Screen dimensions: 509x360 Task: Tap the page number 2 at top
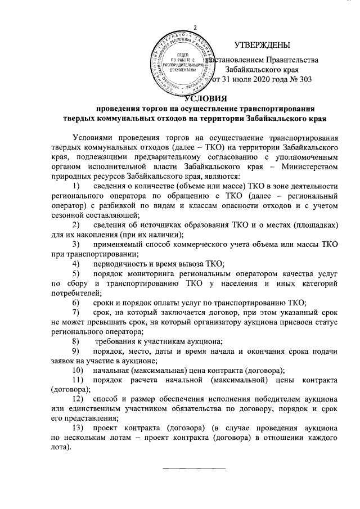(195, 29)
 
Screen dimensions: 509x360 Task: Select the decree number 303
(304, 79)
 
